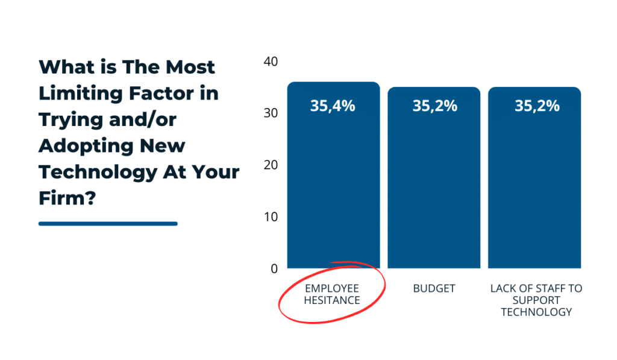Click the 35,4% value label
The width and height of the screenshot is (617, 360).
pos(333,106)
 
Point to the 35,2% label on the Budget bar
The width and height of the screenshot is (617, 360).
pos(434,106)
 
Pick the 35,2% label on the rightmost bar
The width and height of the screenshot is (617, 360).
pos(536,106)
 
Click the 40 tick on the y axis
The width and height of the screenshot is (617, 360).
pos(271,62)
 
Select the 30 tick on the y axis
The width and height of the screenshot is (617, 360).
pos(271,113)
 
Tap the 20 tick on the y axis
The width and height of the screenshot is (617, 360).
pos(271,165)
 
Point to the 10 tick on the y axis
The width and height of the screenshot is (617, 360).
pos(271,217)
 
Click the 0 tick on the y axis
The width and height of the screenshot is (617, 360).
pos(274,269)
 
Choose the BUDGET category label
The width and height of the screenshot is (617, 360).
pos(434,289)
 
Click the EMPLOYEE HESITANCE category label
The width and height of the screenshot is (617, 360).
pos(332,294)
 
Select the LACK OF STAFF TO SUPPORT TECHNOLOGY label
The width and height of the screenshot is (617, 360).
pos(536,300)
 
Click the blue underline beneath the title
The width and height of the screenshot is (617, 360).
pos(108,224)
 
